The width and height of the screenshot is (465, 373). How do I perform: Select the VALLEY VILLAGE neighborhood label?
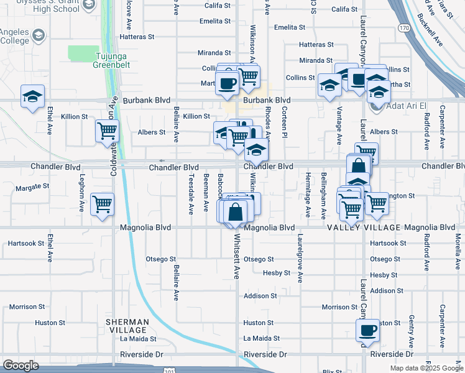[364, 228]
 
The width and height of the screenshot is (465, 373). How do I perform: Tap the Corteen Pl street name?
[284, 122]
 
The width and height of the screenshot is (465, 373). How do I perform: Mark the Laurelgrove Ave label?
[300, 258]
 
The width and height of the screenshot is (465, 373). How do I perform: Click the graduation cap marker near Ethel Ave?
[32, 97]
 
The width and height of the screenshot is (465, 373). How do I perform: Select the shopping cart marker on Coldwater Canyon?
[107, 132]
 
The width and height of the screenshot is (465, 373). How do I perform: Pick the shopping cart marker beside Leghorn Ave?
[102, 205]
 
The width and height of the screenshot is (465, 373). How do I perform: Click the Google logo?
[21, 366]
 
